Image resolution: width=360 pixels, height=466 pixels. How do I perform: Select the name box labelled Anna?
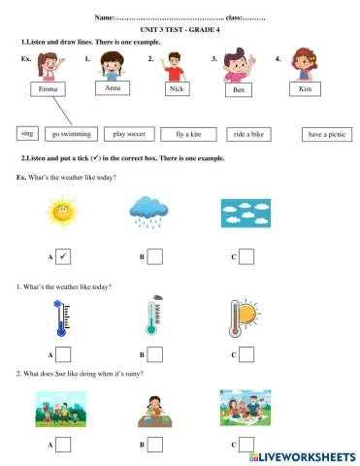(x=113, y=87)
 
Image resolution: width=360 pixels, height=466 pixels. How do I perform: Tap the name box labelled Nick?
(x=176, y=88)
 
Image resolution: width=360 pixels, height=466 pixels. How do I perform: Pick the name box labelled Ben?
(x=238, y=90)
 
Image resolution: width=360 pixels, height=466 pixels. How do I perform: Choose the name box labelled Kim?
(x=304, y=88)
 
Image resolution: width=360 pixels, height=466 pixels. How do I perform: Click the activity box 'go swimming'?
(x=70, y=135)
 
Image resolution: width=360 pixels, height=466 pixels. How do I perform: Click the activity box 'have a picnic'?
(x=326, y=135)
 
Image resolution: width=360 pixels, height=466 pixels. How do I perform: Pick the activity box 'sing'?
(x=28, y=132)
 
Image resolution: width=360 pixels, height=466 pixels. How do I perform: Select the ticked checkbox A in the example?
(x=63, y=256)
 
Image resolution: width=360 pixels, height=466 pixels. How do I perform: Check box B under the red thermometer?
(x=154, y=354)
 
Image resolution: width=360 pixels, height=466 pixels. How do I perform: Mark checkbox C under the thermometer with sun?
(x=246, y=354)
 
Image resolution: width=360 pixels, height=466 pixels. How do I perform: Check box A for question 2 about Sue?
(x=63, y=444)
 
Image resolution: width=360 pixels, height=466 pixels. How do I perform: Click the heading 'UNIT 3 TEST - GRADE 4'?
(x=181, y=31)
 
